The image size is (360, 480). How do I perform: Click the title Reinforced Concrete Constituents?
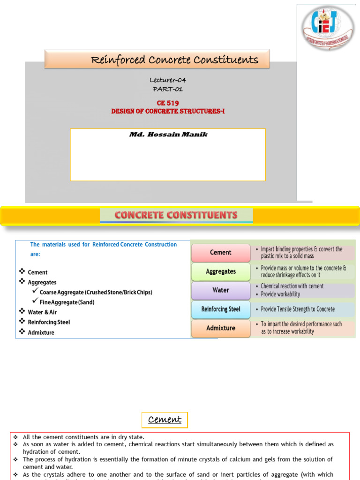click(174, 60)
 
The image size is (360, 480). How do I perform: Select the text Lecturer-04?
click(168, 80)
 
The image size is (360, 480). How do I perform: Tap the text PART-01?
click(168, 89)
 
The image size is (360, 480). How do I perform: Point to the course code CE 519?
click(168, 103)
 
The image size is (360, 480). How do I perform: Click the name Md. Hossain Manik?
click(168, 135)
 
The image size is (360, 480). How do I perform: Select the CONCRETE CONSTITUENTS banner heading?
click(176, 215)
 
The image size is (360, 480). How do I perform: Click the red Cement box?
click(220, 252)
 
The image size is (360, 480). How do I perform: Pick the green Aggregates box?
click(221, 271)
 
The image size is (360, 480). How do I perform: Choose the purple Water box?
click(221, 290)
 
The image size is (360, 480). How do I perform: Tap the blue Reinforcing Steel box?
click(221, 309)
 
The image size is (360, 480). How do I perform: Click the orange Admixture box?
click(221, 328)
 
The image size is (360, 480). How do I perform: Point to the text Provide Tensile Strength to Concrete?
click(298, 309)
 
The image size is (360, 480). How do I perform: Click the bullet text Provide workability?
click(280, 294)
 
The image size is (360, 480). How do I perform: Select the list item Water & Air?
click(42, 312)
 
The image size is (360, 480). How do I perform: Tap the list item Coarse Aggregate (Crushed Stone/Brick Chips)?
click(96, 292)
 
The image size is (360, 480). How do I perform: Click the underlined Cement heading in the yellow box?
click(165, 420)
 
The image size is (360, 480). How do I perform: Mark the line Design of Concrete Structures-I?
click(168, 111)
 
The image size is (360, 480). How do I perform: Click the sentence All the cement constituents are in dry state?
click(83, 437)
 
